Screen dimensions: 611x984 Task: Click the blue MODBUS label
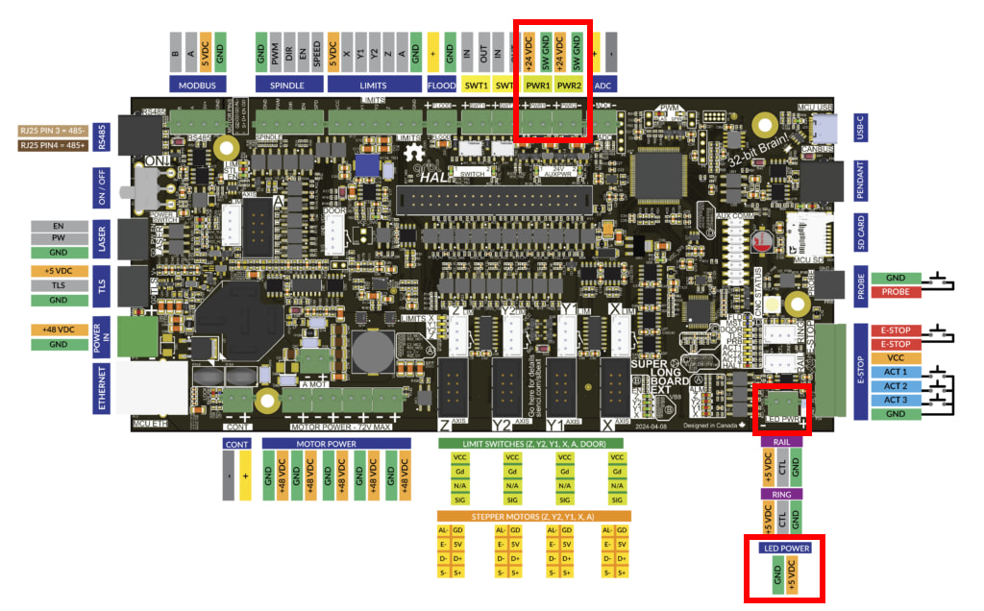197,85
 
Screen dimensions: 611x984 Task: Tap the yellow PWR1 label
538,85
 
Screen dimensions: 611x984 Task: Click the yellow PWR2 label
570,85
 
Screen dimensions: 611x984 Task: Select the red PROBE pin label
895,292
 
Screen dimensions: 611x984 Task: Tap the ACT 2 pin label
895,386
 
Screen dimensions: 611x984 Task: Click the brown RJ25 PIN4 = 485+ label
54,146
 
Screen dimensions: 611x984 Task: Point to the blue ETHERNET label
102,388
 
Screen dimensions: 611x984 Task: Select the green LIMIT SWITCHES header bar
529,444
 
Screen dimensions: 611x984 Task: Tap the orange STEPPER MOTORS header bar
533,516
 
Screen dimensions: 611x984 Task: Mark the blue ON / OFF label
102,183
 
